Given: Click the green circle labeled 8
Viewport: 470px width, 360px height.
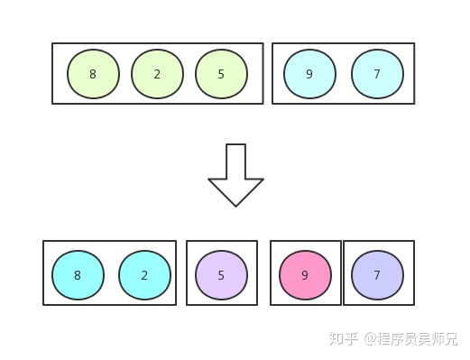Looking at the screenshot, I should coord(93,74).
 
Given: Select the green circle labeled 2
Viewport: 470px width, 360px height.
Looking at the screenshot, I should coord(157,74).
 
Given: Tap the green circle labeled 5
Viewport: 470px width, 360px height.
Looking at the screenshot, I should coord(221,74).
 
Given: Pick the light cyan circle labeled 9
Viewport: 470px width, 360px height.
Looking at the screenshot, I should coord(309,74).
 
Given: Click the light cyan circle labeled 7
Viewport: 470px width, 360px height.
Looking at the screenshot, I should coord(377,74).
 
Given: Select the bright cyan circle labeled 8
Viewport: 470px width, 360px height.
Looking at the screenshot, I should coord(78,276).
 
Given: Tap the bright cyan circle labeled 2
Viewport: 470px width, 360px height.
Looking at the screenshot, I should coord(144,276).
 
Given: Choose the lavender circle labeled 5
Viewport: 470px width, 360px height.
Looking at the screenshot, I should coord(221,276).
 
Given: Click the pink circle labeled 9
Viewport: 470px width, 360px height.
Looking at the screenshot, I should coord(305,276).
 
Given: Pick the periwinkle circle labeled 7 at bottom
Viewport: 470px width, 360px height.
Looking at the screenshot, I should coord(377,276).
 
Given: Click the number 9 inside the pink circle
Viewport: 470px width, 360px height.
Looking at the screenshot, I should coord(305,276).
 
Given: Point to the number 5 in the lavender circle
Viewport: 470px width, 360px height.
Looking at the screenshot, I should coord(221,276).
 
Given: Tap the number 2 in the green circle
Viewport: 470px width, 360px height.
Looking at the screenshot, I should coord(157,75).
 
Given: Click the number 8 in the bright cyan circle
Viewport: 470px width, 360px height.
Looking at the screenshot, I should coord(78,276).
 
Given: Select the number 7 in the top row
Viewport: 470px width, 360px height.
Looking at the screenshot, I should coord(377,75).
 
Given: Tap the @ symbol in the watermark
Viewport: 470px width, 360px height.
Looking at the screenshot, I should coord(370,339).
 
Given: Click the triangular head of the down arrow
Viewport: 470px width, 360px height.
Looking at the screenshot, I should coord(235,190).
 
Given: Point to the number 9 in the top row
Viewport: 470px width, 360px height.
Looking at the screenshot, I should coord(309,75).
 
